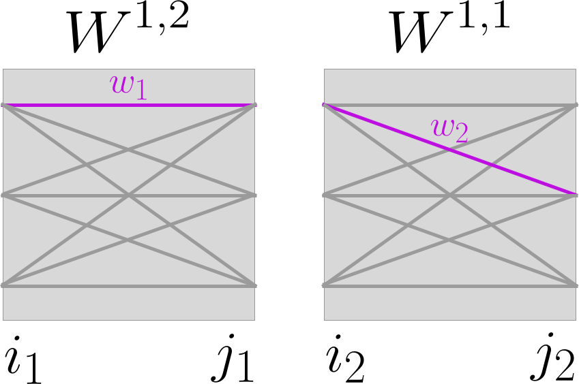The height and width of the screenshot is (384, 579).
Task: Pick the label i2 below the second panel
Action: (344, 359)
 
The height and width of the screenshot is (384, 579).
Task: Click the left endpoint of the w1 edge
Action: (4, 105)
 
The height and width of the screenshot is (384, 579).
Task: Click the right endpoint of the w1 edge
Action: (254, 105)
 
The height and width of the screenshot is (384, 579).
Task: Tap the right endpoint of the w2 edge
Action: (576, 195)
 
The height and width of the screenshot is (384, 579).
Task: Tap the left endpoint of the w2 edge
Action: (325, 105)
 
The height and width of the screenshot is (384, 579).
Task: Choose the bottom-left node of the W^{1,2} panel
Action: (4, 285)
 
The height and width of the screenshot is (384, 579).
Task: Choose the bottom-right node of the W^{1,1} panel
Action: (576, 285)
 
